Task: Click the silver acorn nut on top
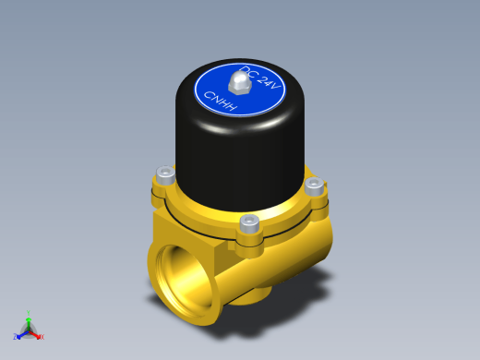240,82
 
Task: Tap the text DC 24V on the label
260,78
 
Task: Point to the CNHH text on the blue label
221,101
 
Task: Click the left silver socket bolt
166,175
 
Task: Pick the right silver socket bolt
314,186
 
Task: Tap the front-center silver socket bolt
249,223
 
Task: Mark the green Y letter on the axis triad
29,313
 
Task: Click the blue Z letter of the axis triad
15,337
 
